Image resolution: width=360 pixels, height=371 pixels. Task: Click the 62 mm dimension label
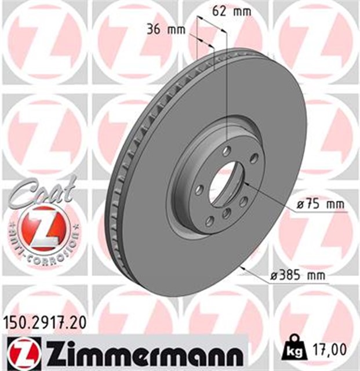pos(224,10)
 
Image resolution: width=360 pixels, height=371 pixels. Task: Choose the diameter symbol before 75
pos(300,205)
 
